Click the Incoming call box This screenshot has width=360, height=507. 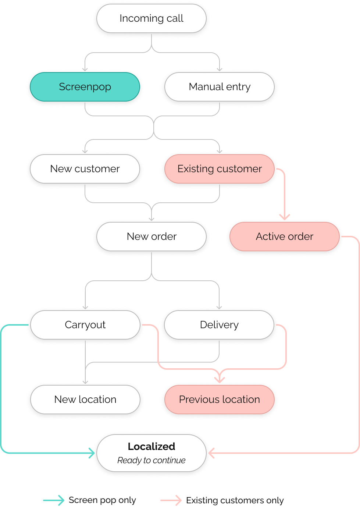(x=151, y=18)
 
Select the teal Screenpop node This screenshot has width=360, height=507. (x=85, y=87)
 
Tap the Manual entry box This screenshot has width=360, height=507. (x=220, y=87)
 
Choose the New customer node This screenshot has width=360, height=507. (x=85, y=169)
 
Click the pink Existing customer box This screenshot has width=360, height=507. (x=220, y=169)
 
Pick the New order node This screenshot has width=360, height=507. (x=151, y=237)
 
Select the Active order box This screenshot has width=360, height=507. (x=284, y=237)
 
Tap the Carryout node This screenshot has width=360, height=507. (x=85, y=325)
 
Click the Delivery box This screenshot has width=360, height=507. (x=219, y=325)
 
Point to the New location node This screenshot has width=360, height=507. (x=85, y=400)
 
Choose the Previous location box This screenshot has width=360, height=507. (x=220, y=400)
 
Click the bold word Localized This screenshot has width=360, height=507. (x=151, y=447)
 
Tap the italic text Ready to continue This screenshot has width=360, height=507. (x=151, y=460)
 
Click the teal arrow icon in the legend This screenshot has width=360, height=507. (x=54, y=500)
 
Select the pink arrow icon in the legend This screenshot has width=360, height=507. (x=171, y=500)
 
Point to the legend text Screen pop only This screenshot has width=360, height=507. (x=102, y=500)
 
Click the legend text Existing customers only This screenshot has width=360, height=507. (x=235, y=500)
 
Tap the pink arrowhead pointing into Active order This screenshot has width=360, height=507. (x=285, y=217)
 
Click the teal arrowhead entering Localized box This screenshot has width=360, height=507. (x=92, y=453)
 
